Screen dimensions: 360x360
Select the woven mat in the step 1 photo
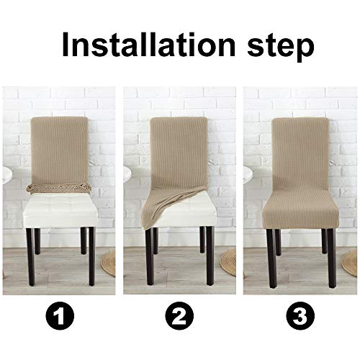point(109,263)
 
